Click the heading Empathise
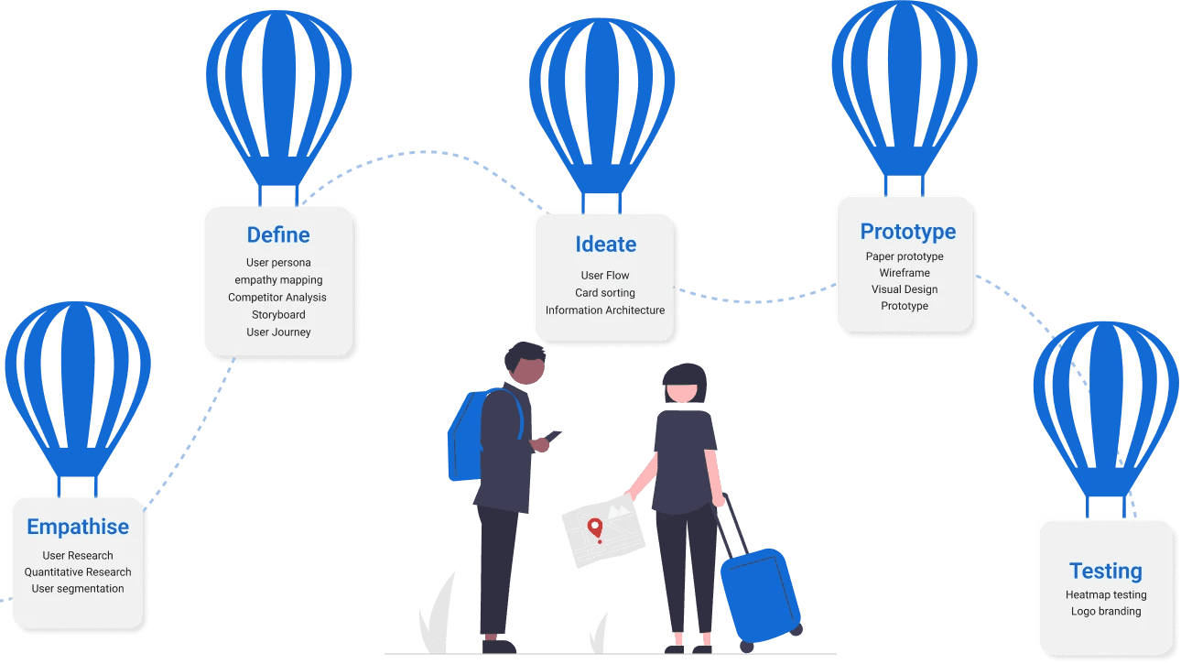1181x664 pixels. click(x=78, y=527)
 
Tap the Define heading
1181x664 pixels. click(x=278, y=235)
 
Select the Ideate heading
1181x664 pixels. click(x=605, y=245)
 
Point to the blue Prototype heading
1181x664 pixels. click(x=907, y=232)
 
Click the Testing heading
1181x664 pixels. click(x=1105, y=571)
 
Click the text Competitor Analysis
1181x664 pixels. click(x=276, y=298)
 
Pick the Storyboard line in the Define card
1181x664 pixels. click(x=278, y=315)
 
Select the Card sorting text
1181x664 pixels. click(x=604, y=293)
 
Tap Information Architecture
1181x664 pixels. click(x=605, y=310)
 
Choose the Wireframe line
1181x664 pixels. click(x=905, y=273)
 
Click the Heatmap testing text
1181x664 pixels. click(x=1106, y=595)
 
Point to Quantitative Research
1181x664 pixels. click(x=78, y=572)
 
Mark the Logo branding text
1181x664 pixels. click(x=1106, y=612)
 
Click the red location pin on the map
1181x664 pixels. click(x=595, y=528)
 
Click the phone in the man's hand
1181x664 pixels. click(x=552, y=436)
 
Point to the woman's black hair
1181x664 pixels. click(x=685, y=378)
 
